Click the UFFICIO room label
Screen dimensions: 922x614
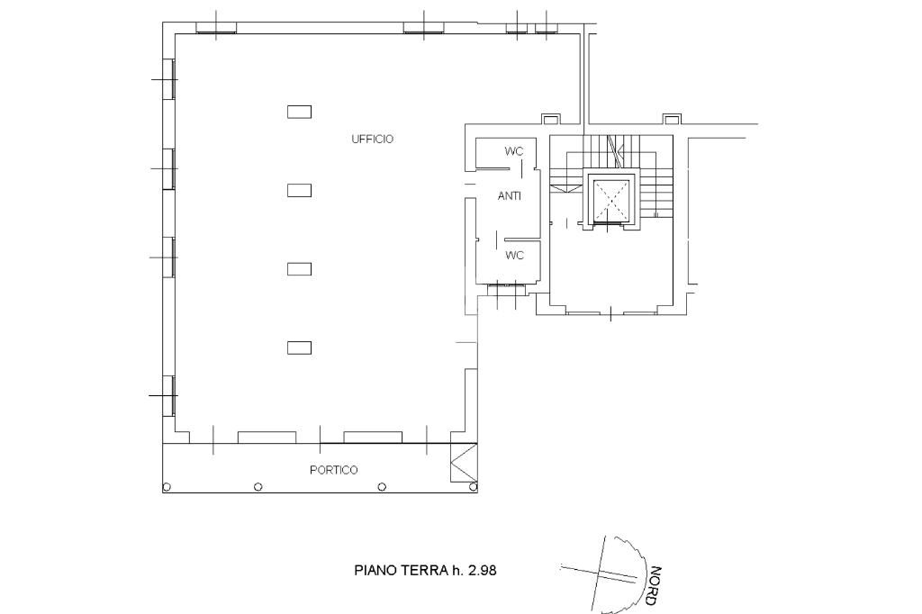click(x=372, y=140)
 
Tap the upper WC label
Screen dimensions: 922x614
click(x=513, y=151)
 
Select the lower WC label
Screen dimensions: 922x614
click(x=514, y=256)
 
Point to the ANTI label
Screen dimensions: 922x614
click(x=510, y=196)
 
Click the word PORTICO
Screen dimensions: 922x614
click(x=333, y=470)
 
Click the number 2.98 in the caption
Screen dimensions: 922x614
click(x=483, y=570)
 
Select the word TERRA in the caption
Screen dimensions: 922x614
click(x=425, y=570)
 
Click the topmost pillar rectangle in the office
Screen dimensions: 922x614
click(x=299, y=112)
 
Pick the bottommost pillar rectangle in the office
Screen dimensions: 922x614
click(x=299, y=348)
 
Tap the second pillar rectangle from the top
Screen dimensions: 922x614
click(x=299, y=191)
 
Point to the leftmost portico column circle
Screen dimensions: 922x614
click(x=167, y=487)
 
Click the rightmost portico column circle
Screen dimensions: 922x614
click(x=474, y=487)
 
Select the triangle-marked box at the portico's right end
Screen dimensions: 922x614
click(x=464, y=462)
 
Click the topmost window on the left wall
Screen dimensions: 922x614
click(x=169, y=79)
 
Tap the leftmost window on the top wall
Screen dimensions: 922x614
click(x=216, y=28)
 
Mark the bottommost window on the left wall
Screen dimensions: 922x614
click(x=169, y=396)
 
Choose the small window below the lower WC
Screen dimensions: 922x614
click(x=506, y=287)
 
